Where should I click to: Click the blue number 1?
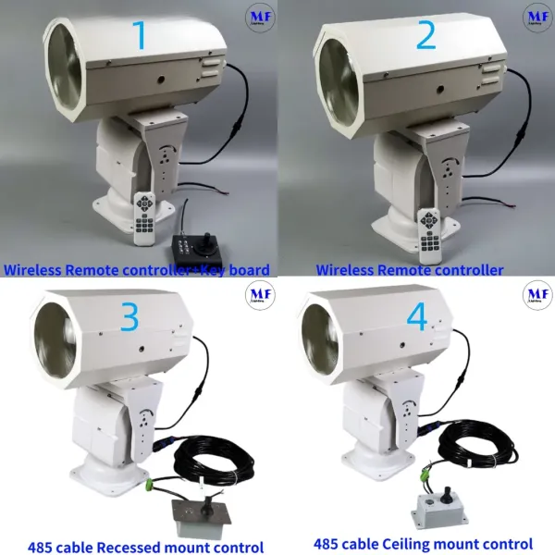(x=141, y=35)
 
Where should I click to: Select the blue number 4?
(x=417, y=318)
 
